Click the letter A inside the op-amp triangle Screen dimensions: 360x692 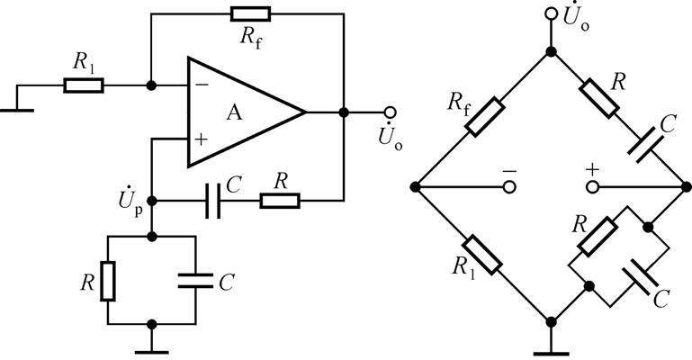pos(235,112)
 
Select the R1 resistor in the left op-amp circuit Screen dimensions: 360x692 pos(84,86)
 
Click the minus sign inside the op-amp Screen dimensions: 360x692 pos(200,85)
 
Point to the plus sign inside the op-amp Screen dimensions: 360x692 pos(200,139)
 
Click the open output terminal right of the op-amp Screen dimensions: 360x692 pos(390,112)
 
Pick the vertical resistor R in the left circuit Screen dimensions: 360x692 pos(107,281)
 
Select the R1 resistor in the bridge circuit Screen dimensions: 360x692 pos(484,254)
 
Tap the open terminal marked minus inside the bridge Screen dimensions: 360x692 pos(509,187)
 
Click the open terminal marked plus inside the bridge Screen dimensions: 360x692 pos(592,187)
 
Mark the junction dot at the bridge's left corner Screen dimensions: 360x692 pos(415,187)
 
